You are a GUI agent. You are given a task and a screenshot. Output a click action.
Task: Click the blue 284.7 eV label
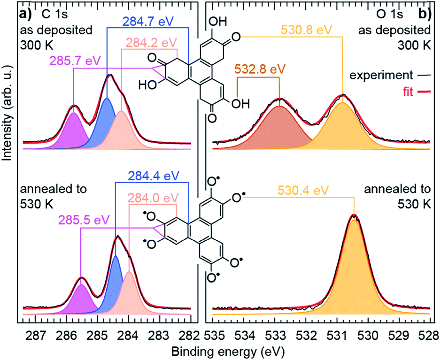(146, 21)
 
